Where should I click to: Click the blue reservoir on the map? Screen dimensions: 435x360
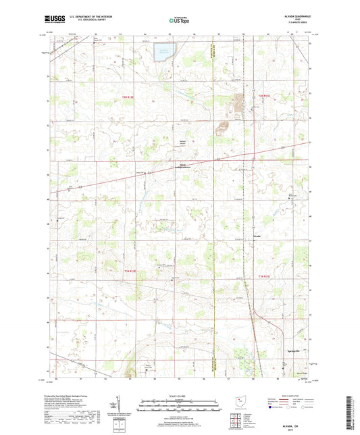coord(163,52)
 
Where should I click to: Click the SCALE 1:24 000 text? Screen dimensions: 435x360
coord(179,396)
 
